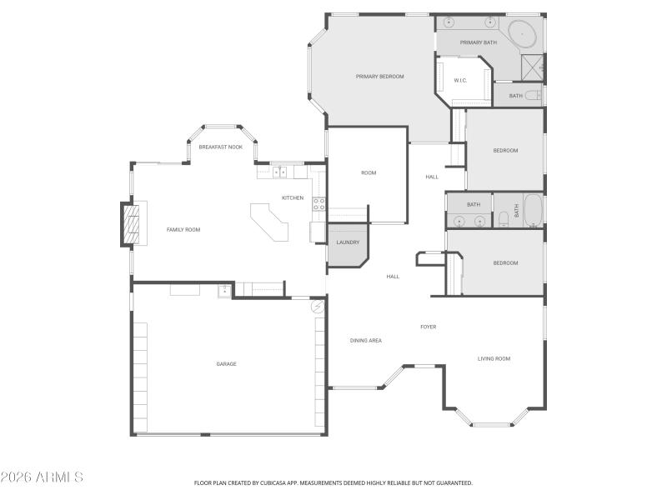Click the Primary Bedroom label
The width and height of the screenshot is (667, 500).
pyautogui.click(x=379, y=77)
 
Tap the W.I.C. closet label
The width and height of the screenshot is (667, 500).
pyautogui.click(x=460, y=80)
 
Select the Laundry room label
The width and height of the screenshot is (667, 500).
pyautogui.click(x=348, y=242)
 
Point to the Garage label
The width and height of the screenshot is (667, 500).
pyautogui.click(x=226, y=363)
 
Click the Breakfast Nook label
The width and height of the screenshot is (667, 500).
pyautogui.click(x=220, y=147)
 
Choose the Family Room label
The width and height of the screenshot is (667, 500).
pyautogui.click(x=183, y=229)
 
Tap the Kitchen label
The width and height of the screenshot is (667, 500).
pyautogui.click(x=293, y=197)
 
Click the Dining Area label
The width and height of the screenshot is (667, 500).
pyautogui.click(x=365, y=340)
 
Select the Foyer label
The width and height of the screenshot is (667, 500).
pyautogui.click(x=428, y=327)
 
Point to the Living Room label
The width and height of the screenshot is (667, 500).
pyautogui.click(x=494, y=358)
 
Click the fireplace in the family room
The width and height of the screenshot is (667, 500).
pyautogui.click(x=130, y=223)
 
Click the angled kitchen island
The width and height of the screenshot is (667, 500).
pyautogui.click(x=270, y=222)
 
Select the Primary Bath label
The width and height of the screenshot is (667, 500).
pyautogui.click(x=479, y=42)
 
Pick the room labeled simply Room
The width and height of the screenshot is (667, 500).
pyautogui.click(x=369, y=172)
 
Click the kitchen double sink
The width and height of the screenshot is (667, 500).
pyautogui.click(x=279, y=172)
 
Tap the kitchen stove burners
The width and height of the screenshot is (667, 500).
pyautogui.click(x=318, y=203)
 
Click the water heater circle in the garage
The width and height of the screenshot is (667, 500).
pyautogui.click(x=318, y=307)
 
